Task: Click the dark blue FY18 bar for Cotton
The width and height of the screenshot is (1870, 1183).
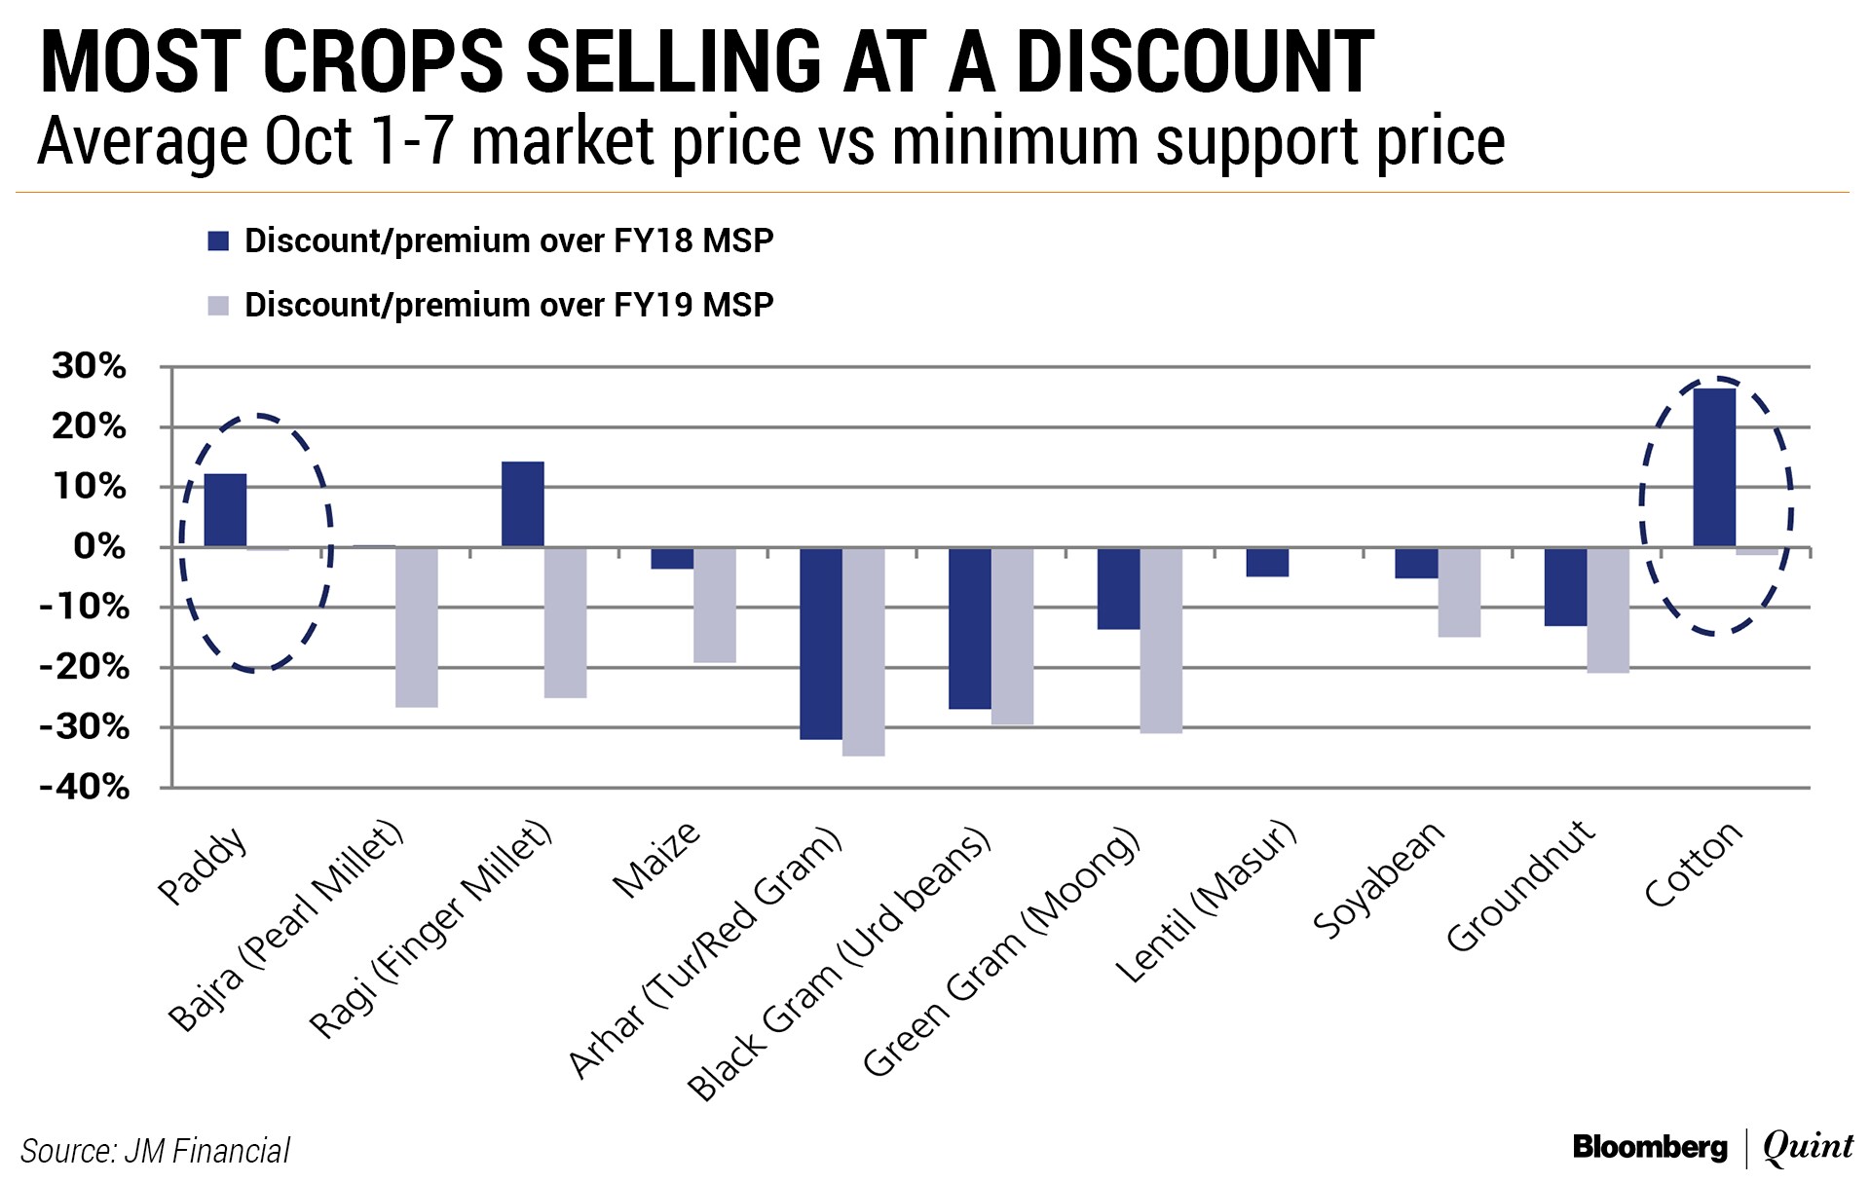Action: click(x=1714, y=467)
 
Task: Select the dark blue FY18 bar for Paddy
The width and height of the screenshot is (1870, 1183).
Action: click(x=225, y=510)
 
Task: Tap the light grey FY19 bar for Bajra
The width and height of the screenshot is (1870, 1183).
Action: click(x=417, y=627)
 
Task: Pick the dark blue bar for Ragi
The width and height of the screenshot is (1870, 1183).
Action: click(x=523, y=504)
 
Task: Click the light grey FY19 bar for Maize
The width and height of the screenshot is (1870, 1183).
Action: click(x=715, y=605)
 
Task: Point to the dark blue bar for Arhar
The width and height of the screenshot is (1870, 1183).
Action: click(x=821, y=644)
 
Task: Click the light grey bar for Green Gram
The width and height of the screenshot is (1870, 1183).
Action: click(x=1162, y=640)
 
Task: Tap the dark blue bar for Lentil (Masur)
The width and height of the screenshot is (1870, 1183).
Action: click(x=1268, y=563)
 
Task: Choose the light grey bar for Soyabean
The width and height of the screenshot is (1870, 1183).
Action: click(x=1459, y=592)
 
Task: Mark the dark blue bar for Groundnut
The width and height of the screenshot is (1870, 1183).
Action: click(x=1565, y=586)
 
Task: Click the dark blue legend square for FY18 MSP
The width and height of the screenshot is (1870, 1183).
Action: click(x=218, y=241)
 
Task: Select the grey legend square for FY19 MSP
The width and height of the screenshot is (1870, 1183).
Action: click(x=218, y=306)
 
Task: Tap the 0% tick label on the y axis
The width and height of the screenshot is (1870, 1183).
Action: click(x=100, y=547)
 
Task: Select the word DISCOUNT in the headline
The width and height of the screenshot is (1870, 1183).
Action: click(x=1195, y=62)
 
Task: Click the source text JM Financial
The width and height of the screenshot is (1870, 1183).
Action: click(x=206, y=1151)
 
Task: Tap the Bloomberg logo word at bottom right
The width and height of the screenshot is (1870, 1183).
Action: click(x=1650, y=1148)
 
